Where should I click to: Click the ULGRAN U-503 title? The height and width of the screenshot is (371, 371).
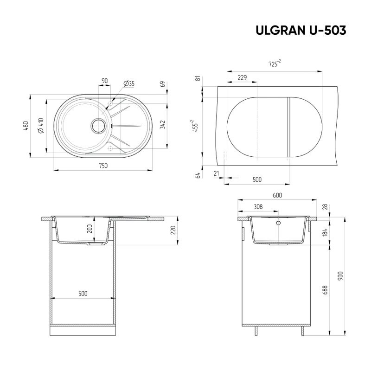[301, 30]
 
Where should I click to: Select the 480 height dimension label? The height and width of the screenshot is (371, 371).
[26, 125]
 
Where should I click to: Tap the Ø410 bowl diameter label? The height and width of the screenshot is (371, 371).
[41, 125]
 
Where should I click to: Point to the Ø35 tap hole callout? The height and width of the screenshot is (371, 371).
[129, 83]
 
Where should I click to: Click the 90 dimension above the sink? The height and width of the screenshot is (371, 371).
[104, 81]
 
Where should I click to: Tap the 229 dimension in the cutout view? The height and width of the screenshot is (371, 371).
[242, 77]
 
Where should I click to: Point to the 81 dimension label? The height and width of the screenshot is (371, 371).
[198, 78]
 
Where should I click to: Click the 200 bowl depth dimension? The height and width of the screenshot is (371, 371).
[90, 229]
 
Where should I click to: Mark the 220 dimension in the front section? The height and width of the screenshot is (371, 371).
[173, 230]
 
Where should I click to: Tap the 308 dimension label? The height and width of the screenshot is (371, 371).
[258, 207]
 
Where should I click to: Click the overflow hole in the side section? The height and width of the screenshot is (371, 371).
[279, 223]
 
